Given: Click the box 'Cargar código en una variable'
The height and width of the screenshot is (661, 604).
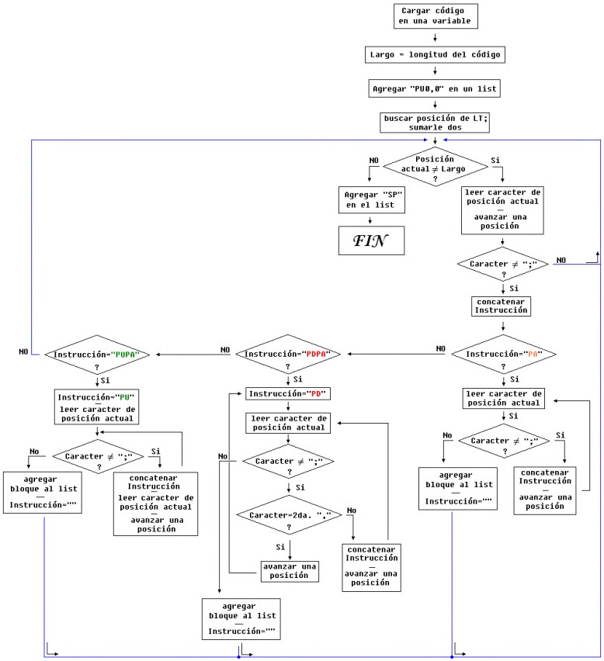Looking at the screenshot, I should point(435,16).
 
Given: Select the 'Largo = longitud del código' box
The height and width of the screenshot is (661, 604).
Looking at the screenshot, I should point(435,54).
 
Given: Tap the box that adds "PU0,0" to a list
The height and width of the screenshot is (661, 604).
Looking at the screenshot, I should point(435,88).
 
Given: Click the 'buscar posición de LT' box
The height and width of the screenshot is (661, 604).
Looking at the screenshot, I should point(435,122).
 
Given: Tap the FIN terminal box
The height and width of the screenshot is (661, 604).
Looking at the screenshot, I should point(371,241).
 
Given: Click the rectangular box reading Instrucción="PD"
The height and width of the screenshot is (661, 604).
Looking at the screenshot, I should point(289,394).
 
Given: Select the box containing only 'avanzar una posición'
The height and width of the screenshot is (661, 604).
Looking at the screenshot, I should point(289,570).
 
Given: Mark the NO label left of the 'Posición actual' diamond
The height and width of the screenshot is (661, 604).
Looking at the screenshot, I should point(373,160).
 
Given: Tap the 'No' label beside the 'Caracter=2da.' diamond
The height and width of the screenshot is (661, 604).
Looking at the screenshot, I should point(352,510).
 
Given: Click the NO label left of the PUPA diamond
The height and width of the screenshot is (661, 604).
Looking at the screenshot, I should point(24,351).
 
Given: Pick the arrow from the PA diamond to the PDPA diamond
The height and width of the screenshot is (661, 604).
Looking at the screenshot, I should point(396,355).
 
